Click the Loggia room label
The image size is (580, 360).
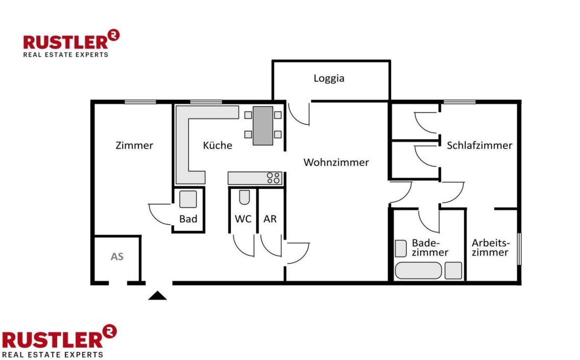click(329, 79)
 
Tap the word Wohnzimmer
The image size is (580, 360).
click(336, 162)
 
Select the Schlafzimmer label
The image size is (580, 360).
click(479, 146)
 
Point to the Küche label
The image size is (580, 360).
click(217, 145)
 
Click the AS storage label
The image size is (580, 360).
click(117, 256)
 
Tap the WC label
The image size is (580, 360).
click(243, 219)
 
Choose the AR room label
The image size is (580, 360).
click(270, 219)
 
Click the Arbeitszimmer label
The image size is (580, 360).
click(491, 248)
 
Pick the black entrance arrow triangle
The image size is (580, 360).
click(158, 295)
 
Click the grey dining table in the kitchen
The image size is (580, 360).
click(263, 126)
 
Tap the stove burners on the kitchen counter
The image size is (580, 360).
click(273, 178)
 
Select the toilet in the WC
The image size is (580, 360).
click(244, 197)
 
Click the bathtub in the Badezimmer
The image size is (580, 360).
click(418, 271)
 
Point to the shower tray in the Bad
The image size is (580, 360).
click(188, 199)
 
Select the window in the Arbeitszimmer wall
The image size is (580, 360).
click(519, 249)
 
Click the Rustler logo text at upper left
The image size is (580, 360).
click(65, 42)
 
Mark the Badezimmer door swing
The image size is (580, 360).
click(428, 221)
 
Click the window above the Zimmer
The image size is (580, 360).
click(140, 102)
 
